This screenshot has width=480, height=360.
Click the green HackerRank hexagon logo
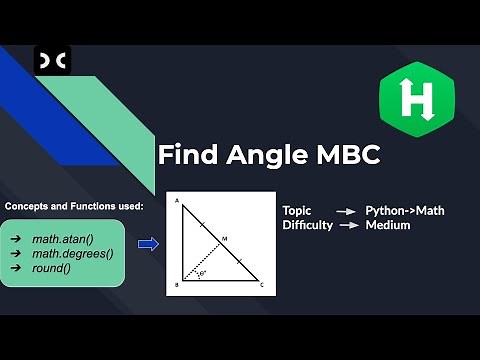pyautogui.click(x=411, y=101)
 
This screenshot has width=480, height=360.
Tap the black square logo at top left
pyautogui.click(x=52, y=63)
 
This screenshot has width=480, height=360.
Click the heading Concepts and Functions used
pyautogui.click(x=74, y=206)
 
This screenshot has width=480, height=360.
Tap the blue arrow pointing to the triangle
pyautogui.click(x=148, y=243)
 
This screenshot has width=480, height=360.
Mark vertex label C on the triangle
pyautogui.click(x=262, y=284)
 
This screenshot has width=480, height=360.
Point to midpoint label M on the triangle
pyautogui.click(x=225, y=239)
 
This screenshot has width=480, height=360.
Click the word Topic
pyautogui.click(x=297, y=211)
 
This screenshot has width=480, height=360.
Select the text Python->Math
pyautogui.click(x=405, y=211)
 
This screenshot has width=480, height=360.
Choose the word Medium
pyautogui.click(x=388, y=225)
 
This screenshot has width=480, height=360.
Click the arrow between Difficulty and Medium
pyautogui.click(x=349, y=225)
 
